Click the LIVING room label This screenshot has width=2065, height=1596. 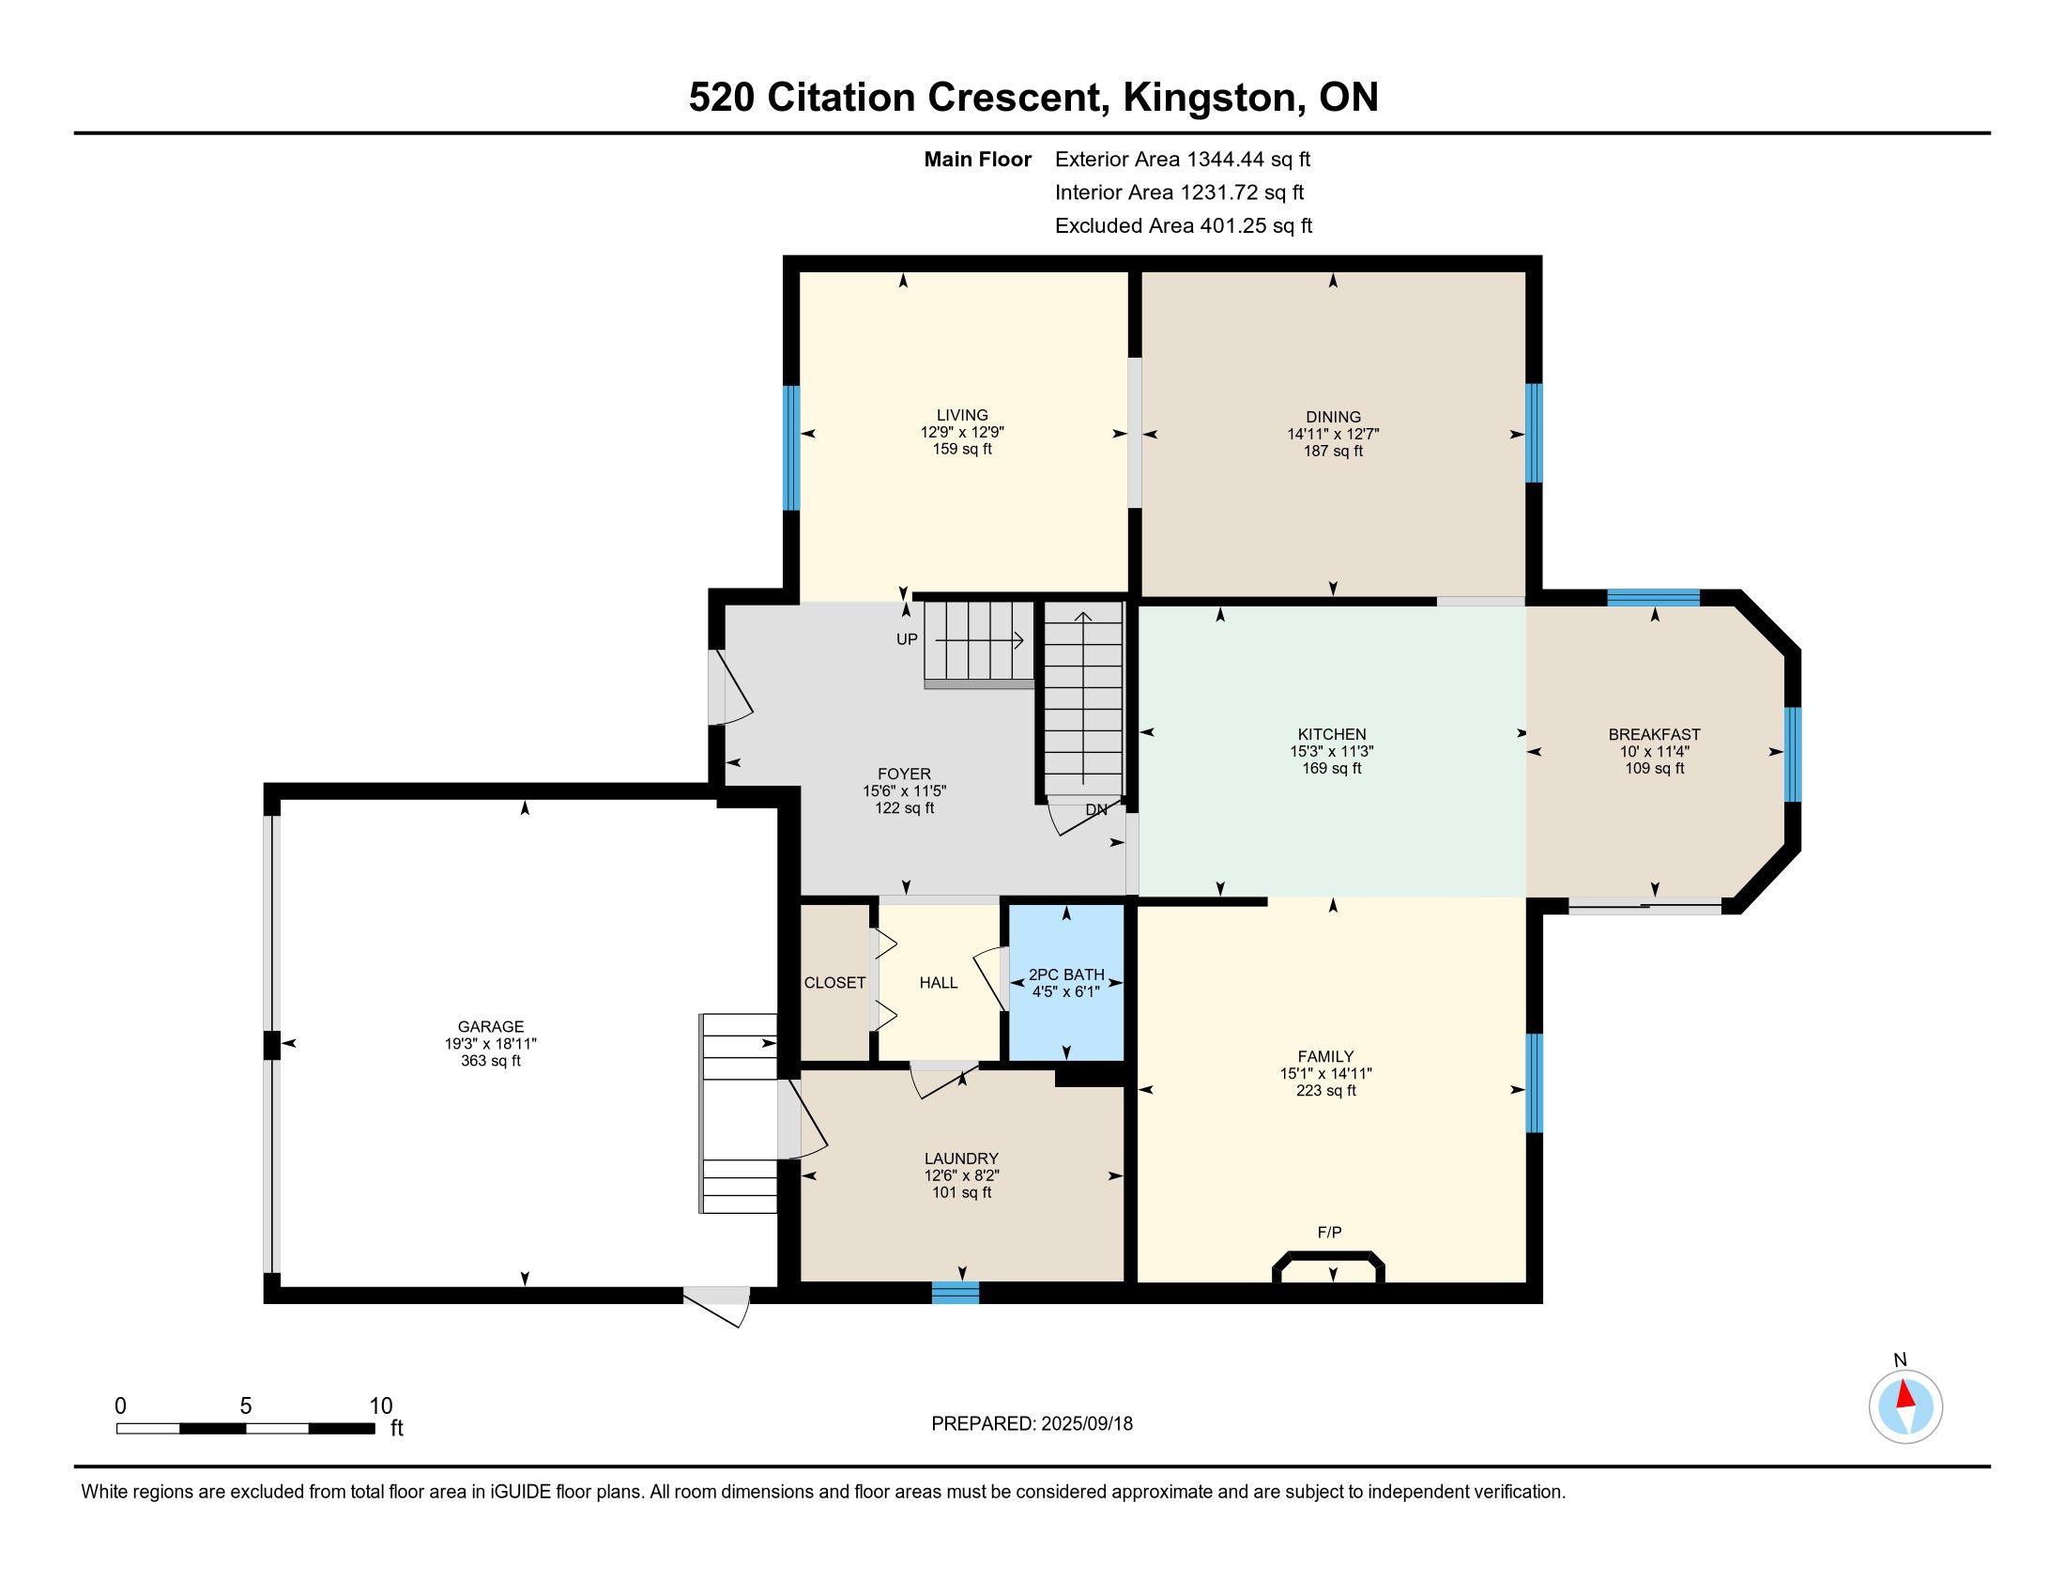pyautogui.click(x=962, y=415)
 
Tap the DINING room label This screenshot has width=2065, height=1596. pyautogui.click(x=1333, y=417)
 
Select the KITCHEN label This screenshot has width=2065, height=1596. pyautogui.click(x=1331, y=735)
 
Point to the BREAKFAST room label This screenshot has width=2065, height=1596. pyautogui.click(x=1655, y=735)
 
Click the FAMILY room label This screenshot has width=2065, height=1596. pyautogui.click(x=1325, y=1057)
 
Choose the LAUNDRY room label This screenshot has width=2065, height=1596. pyautogui.click(x=961, y=1159)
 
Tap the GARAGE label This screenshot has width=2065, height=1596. pyautogui.click(x=491, y=1027)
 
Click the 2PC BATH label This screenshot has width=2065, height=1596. pyautogui.click(x=1066, y=974)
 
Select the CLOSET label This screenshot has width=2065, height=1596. pyautogui.click(x=834, y=983)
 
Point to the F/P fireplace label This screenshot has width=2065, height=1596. pyautogui.click(x=1329, y=1233)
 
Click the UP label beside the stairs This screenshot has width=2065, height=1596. pyautogui.click(x=907, y=640)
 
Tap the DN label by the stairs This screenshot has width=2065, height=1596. pyautogui.click(x=1096, y=810)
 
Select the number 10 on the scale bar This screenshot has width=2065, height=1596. pyautogui.click(x=381, y=1406)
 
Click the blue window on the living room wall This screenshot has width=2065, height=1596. pyautogui.click(x=791, y=448)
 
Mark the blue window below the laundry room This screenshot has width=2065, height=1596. pyautogui.click(x=955, y=1294)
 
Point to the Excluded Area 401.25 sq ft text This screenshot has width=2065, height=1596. pyautogui.click(x=1184, y=226)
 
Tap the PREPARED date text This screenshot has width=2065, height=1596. pyautogui.click(x=1032, y=1424)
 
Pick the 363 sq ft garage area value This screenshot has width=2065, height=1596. pyautogui.click(x=491, y=1061)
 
